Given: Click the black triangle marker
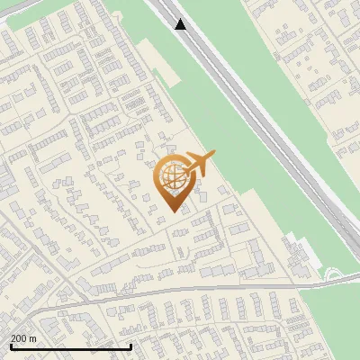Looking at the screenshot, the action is pyautogui.click(x=181, y=24).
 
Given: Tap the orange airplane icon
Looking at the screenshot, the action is pyautogui.click(x=200, y=164).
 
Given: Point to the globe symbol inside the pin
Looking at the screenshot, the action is pyautogui.click(x=172, y=175).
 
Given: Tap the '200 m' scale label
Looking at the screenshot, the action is pyautogui.click(x=24, y=338).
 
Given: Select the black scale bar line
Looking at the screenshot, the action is pyautogui.click(x=71, y=346).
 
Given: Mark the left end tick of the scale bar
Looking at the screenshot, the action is pyautogui.click(x=11, y=346).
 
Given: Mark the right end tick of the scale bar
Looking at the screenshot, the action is pyautogui.click(x=131, y=346).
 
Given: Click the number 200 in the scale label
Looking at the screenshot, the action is pyautogui.click(x=20, y=338).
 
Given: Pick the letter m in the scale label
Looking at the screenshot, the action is pyautogui.click(x=34, y=338).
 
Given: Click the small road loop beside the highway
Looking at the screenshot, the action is pyautogui.click(x=333, y=274).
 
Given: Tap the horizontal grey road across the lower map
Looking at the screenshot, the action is pyautogui.click(x=180, y=291).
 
